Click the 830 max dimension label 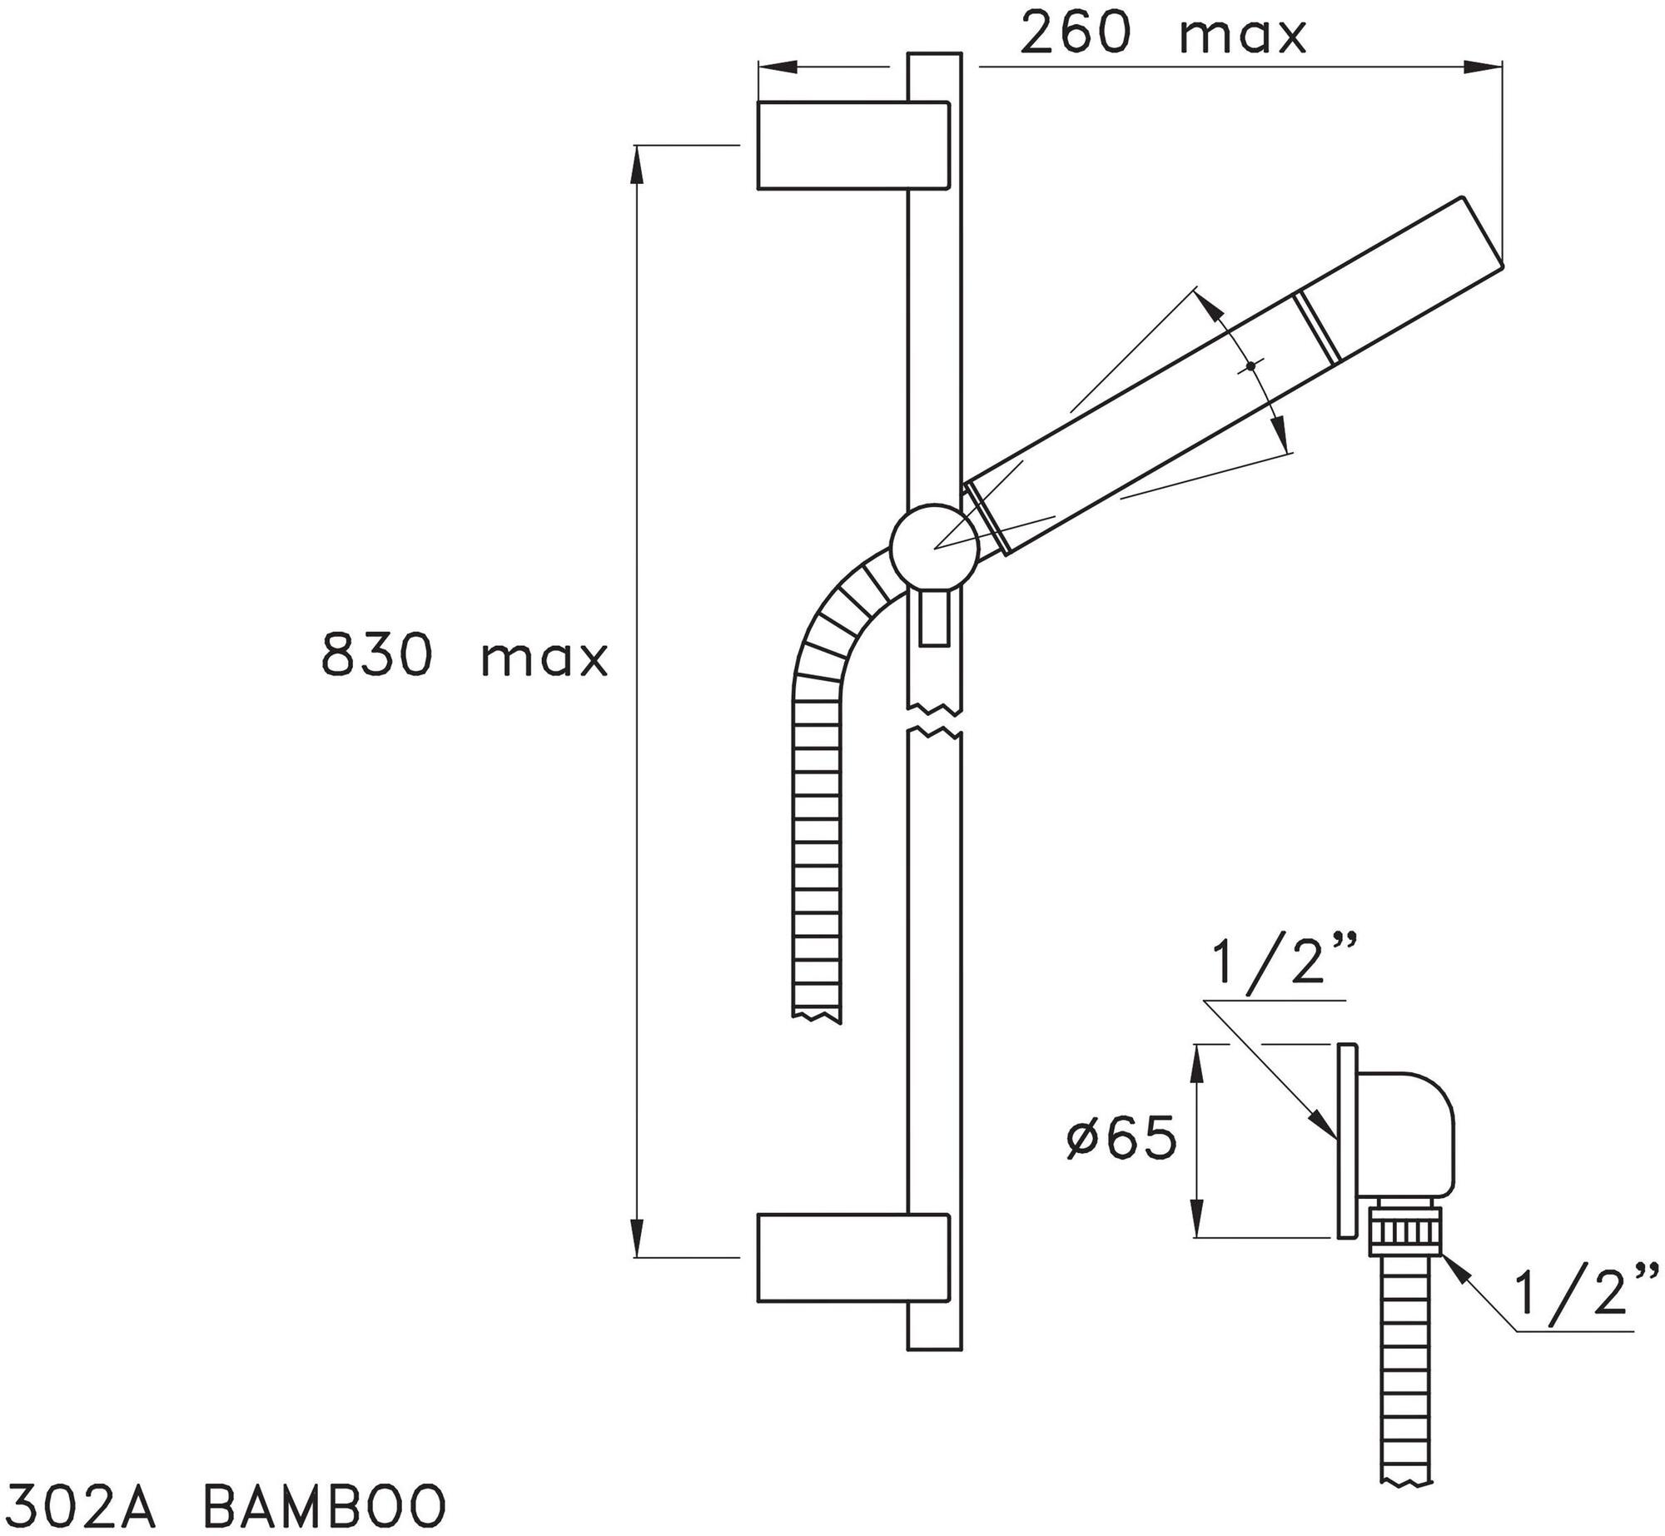(465, 654)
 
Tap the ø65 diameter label (1121, 1138)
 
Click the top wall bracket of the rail (853, 146)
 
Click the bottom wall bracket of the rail (853, 1257)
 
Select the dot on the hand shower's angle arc (1250, 365)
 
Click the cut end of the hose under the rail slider (819, 1014)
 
